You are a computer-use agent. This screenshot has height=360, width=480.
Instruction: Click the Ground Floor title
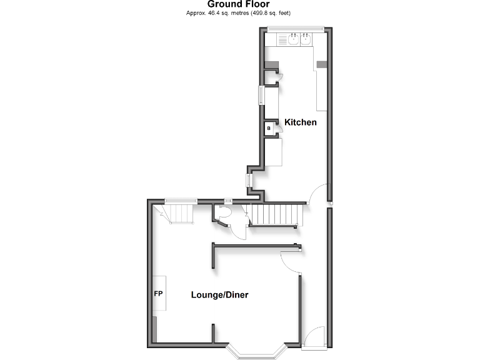[x=239, y=4]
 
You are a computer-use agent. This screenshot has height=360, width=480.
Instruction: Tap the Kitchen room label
[x=301, y=122]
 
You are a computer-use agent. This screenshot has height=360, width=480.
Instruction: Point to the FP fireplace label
[x=158, y=292]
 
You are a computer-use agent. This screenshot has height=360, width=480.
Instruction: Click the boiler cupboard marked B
[x=269, y=128]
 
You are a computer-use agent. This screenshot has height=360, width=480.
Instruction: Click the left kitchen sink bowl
[x=293, y=40]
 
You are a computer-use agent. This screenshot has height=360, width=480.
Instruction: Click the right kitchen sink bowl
[x=306, y=40]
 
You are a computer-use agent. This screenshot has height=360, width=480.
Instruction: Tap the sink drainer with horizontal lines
[x=281, y=40]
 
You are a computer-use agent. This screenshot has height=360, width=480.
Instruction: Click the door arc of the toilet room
[x=238, y=229]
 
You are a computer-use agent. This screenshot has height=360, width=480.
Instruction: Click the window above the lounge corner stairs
[x=181, y=200]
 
